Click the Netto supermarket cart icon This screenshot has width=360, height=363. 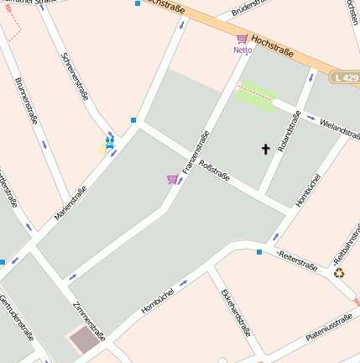pyautogui.click(x=242, y=39)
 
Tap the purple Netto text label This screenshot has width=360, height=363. pyautogui.click(x=242, y=50)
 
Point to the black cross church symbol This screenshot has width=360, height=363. pyautogui.click(x=266, y=150)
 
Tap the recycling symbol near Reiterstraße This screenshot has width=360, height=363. pyautogui.click(x=339, y=272)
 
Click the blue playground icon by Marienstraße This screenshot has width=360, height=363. pyautogui.click(x=109, y=143)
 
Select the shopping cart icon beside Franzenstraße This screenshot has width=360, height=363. pyautogui.click(x=172, y=179)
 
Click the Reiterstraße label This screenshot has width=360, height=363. pyautogui.click(x=298, y=260)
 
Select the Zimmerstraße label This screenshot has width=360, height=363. pyautogui.click(x=88, y=322)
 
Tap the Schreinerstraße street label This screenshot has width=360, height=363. pyautogui.click(x=76, y=77)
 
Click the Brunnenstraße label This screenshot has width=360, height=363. pyautogui.click(x=26, y=101)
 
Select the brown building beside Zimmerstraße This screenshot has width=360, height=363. pyautogui.click(x=83, y=341)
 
